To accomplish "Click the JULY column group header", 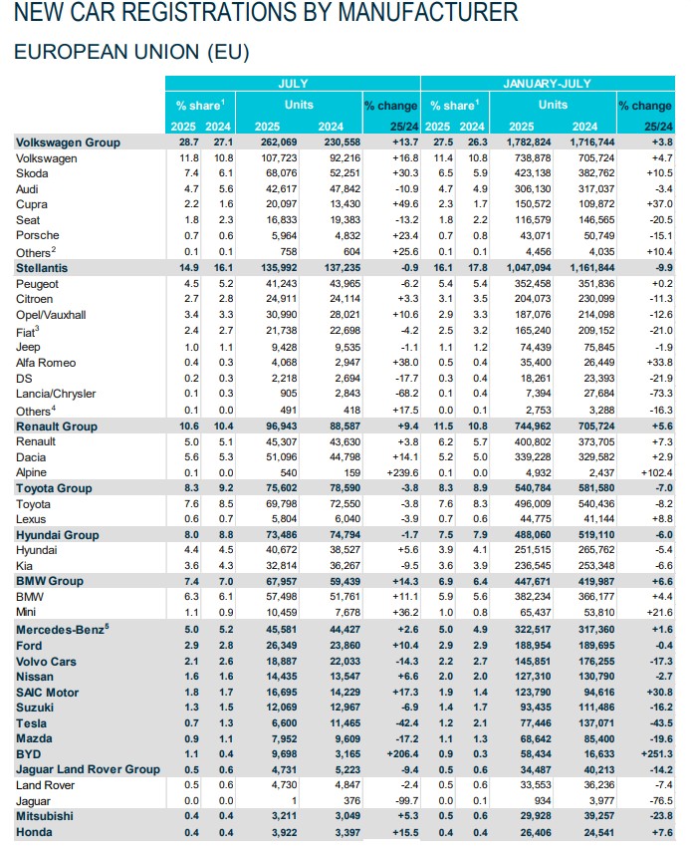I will pos(293,86).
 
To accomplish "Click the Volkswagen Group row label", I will pos(67,142).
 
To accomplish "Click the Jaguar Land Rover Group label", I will pos(87,770).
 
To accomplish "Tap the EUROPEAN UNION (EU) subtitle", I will pos(130,51).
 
